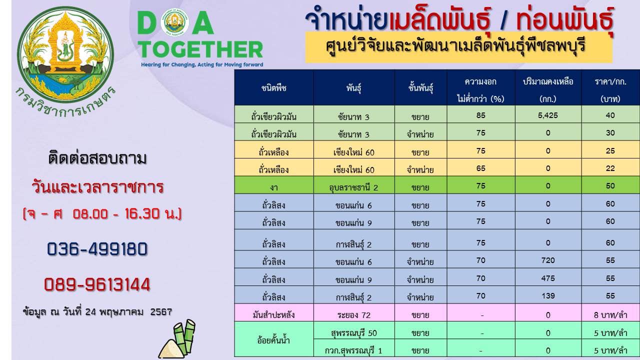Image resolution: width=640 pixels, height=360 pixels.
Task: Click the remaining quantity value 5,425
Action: pyautogui.click(x=547, y=115)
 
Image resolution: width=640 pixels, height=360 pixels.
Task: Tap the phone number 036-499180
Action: pyautogui.click(x=97, y=249)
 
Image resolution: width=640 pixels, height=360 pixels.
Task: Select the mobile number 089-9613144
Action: pyautogui.click(x=97, y=284)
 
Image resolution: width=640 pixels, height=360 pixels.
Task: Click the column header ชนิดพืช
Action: pyautogui.click(x=273, y=88)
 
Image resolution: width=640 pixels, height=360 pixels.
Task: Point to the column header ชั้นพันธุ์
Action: pyautogui.click(x=420, y=88)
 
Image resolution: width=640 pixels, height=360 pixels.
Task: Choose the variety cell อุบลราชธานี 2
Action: pyautogui.click(x=353, y=187)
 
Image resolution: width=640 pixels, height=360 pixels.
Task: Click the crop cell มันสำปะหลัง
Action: pyautogui.click(x=273, y=315)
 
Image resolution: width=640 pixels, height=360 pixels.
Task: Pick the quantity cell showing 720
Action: pyautogui.click(x=547, y=260)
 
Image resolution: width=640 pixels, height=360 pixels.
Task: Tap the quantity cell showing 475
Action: pyautogui.click(x=547, y=278)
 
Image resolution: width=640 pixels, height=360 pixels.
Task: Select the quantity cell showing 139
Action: pyautogui.click(x=547, y=295)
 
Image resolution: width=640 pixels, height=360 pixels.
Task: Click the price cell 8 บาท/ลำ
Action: pyautogui.click(x=610, y=315)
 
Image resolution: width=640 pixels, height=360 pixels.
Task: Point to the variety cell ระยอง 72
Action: pyautogui.click(x=353, y=315)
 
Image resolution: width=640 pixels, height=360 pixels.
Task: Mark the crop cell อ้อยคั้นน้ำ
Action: pyautogui.click(x=273, y=340)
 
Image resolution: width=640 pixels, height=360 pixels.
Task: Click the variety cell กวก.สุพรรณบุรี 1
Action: pyautogui.click(x=353, y=350)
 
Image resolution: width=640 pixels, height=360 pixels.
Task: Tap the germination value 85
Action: pyautogui.click(x=481, y=115)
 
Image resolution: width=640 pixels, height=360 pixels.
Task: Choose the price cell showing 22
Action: pyautogui.click(x=610, y=168)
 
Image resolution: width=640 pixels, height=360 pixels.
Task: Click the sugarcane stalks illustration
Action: pyautogui.click(x=177, y=339)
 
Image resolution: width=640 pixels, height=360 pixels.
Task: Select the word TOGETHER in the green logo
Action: pyautogui.click(x=201, y=49)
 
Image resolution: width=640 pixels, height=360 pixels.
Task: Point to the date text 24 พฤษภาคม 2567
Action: pyautogui.click(x=128, y=311)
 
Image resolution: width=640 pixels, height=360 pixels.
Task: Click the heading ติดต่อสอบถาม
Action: pyautogui.click(x=97, y=158)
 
